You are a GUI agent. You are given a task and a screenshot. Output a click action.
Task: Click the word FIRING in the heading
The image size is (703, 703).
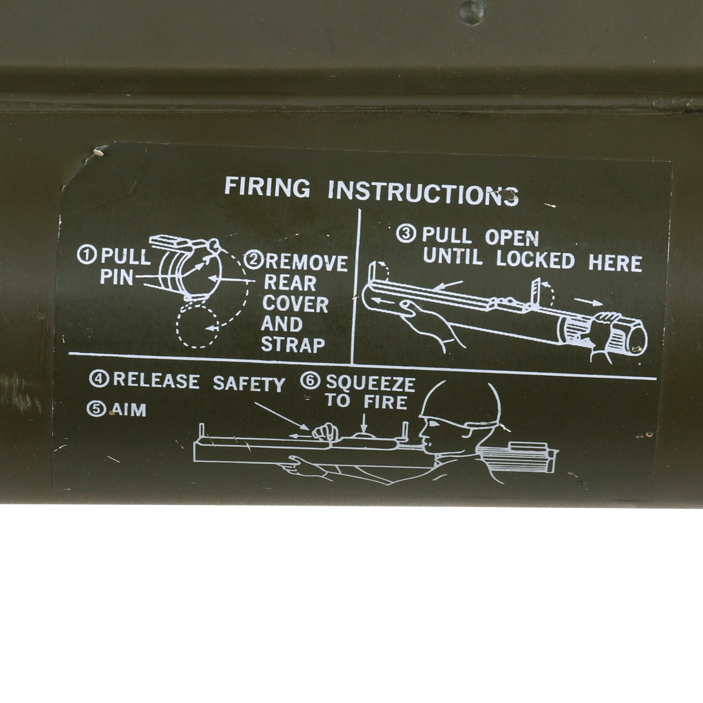[267, 187]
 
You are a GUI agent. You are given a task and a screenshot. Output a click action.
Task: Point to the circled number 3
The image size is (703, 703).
[406, 234]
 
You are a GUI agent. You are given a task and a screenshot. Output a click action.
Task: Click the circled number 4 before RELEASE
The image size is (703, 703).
[98, 379]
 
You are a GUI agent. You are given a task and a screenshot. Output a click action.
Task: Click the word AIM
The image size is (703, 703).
[129, 410]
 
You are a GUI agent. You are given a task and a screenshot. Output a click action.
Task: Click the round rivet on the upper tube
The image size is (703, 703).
[471, 12]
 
